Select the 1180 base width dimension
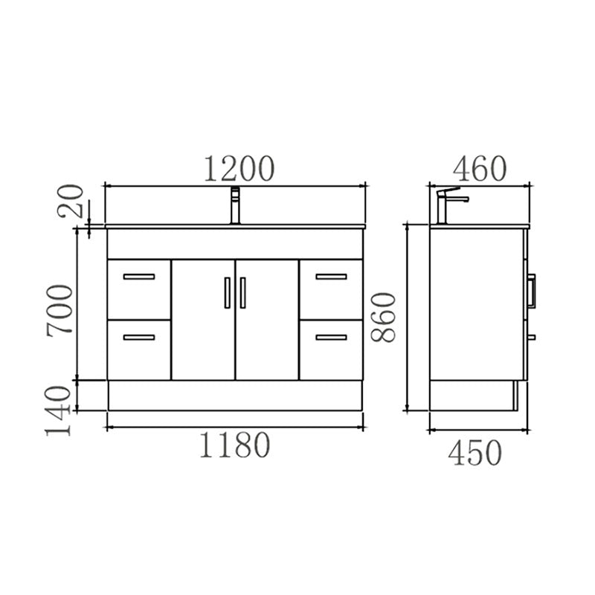(234, 446)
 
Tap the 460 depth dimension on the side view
(479, 169)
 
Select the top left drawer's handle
(138, 277)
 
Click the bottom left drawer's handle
(138, 338)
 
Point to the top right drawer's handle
(331, 277)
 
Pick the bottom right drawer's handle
(331, 338)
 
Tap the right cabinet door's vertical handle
(243, 292)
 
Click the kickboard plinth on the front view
(235, 395)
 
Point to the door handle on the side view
(532, 290)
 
